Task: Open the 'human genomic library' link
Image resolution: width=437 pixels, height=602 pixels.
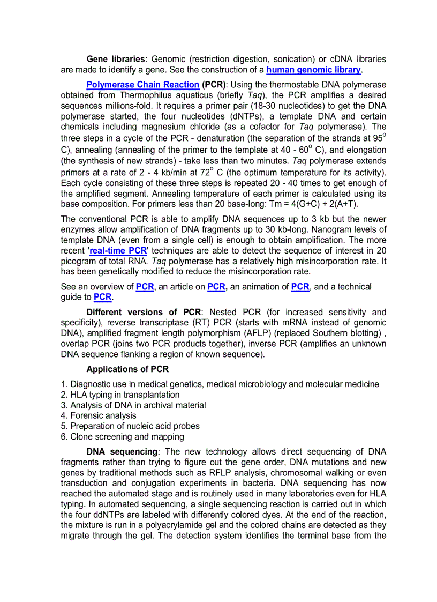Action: click(x=313, y=70)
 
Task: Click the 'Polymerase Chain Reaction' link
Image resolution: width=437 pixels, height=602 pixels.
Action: click(x=143, y=85)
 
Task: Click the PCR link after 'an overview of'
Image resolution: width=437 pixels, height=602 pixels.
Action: click(x=145, y=287)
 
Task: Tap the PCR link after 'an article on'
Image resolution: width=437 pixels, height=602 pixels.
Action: click(x=216, y=287)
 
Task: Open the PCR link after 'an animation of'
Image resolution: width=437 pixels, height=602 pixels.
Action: click(x=300, y=287)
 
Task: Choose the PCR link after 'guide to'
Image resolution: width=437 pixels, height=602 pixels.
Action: click(x=102, y=297)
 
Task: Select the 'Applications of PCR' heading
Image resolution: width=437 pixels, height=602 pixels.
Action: click(x=127, y=369)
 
